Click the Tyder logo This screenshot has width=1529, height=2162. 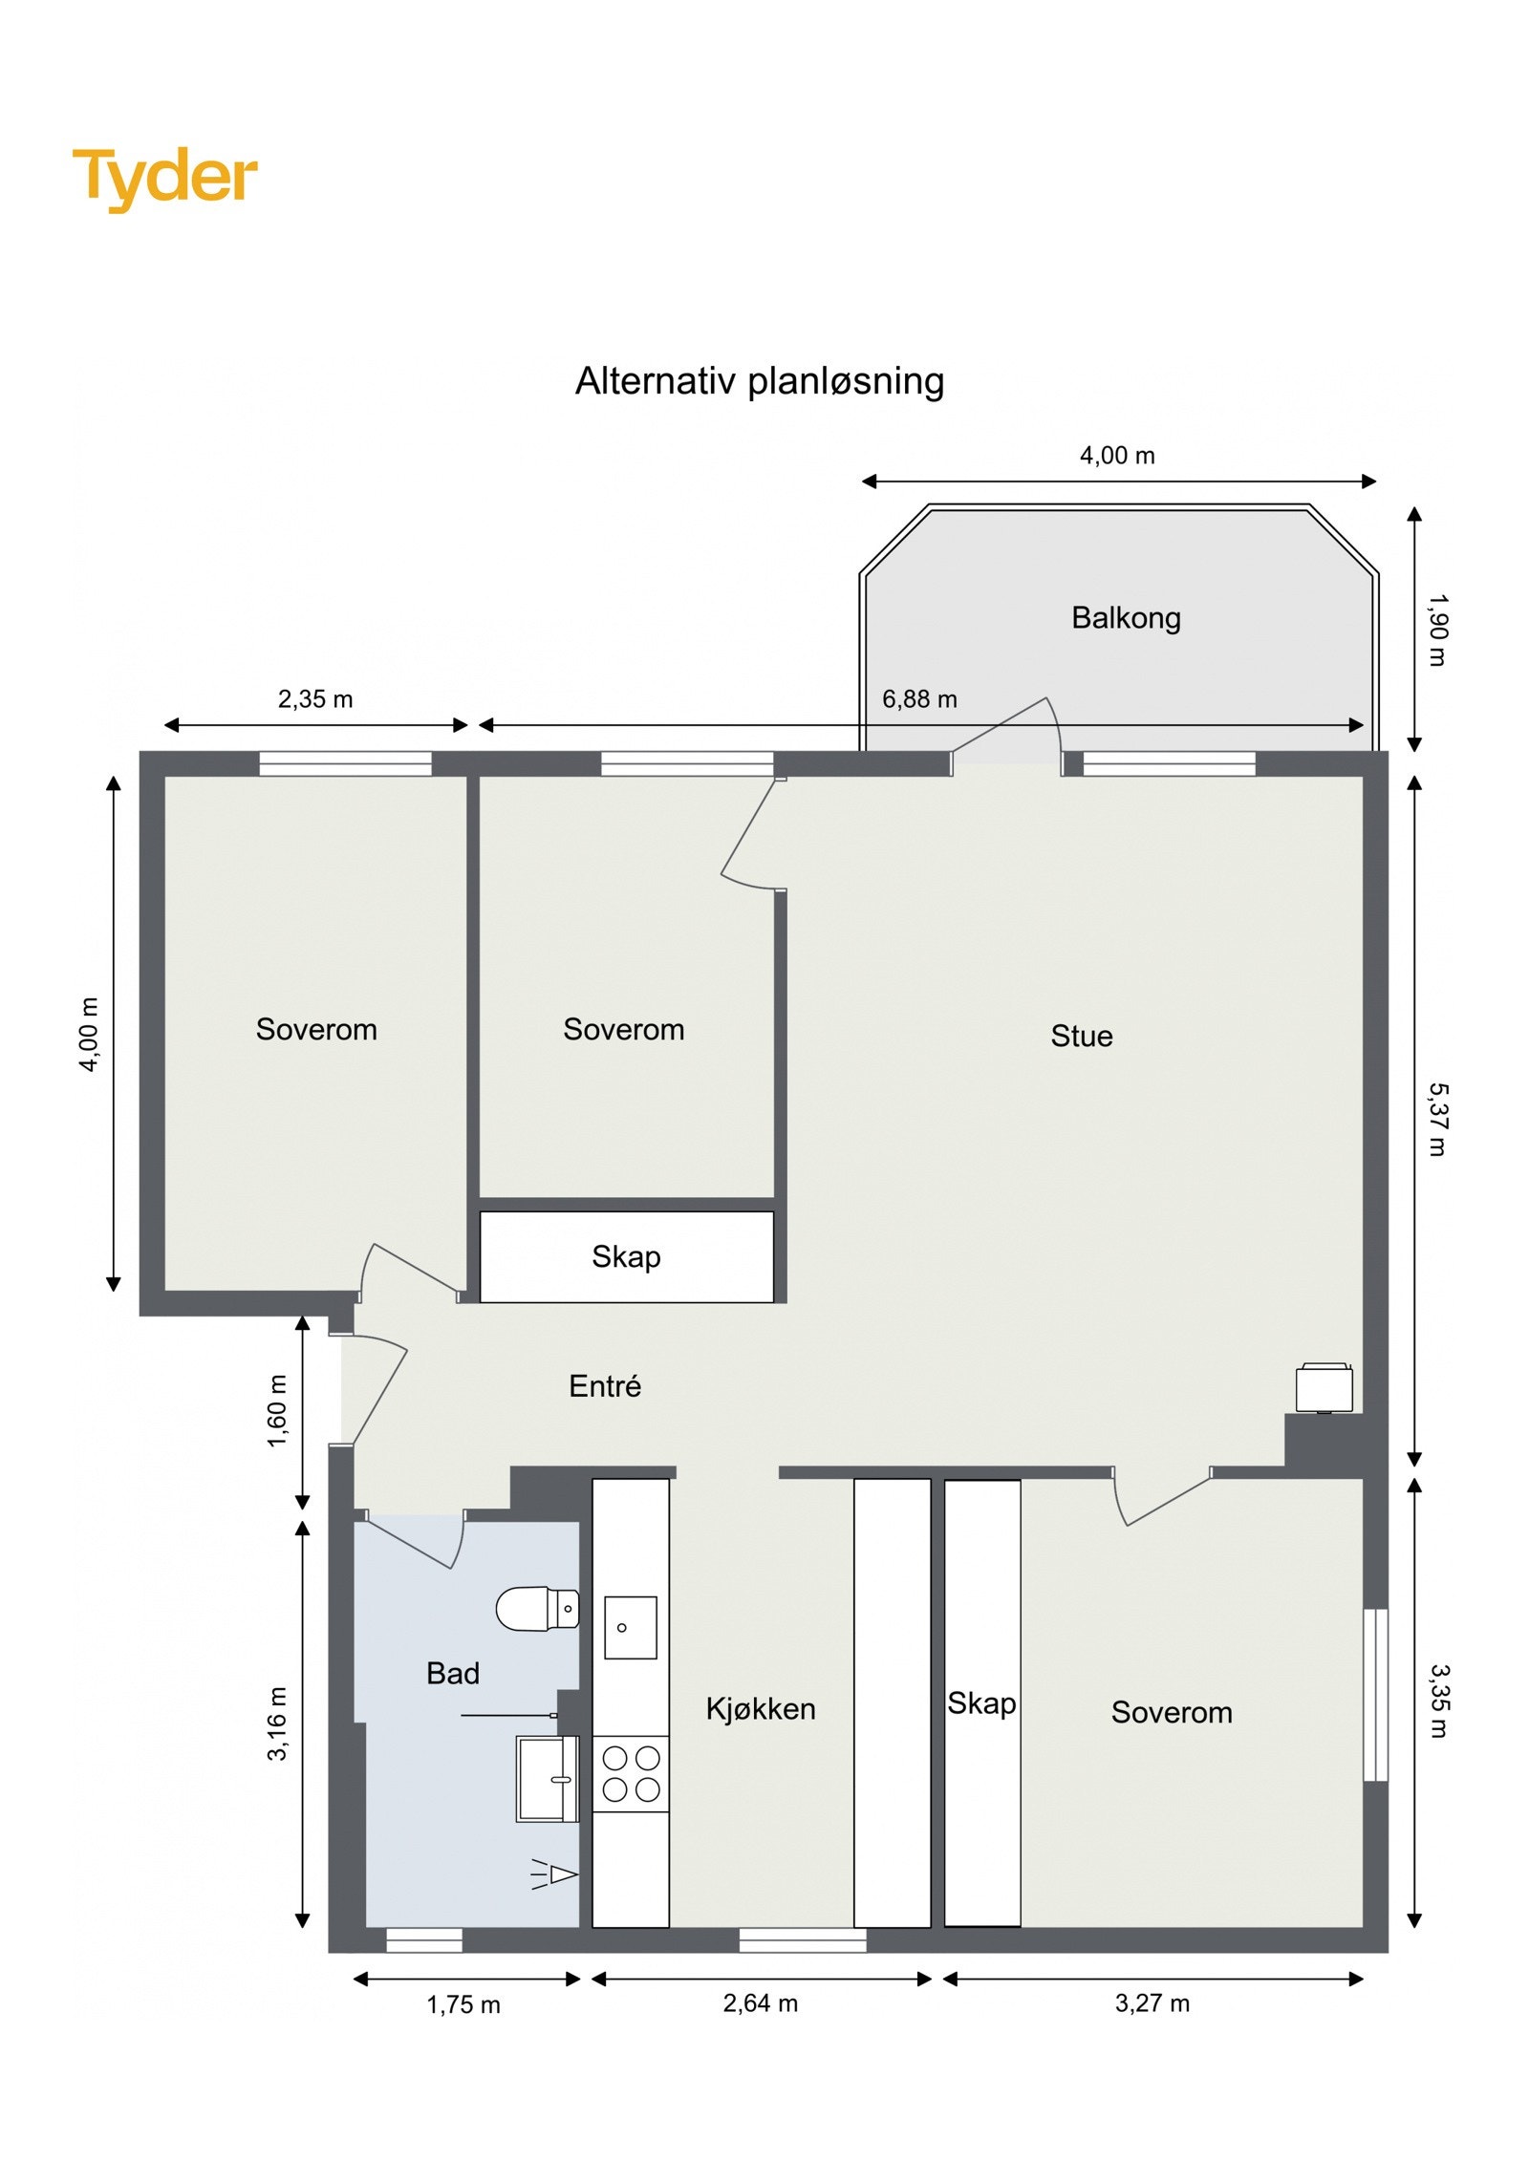click(164, 178)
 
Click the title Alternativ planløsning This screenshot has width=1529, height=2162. click(759, 381)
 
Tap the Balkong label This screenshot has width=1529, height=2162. click(1125, 617)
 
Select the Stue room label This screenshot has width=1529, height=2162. click(1081, 1036)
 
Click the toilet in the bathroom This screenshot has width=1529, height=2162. click(537, 1609)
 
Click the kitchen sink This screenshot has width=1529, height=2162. click(630, 1627)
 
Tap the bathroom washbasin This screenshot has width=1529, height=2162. click(546, 1778)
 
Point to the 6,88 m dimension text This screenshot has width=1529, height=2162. click(918, 699)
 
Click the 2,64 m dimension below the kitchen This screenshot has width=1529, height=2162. click(760, 2003)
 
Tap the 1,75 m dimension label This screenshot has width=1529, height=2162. click(463, 2005)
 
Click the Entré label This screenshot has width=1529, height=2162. click(604, 1386)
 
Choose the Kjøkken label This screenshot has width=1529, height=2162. click(760, 1709)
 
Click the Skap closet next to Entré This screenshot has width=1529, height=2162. click(626, 1256)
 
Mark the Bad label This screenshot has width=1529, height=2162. click(452, 1674)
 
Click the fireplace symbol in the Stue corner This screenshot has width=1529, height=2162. click(1324, 1388)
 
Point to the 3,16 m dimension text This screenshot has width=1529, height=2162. click(276, 1723)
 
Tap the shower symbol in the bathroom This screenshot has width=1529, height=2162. click(556, 1874)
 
